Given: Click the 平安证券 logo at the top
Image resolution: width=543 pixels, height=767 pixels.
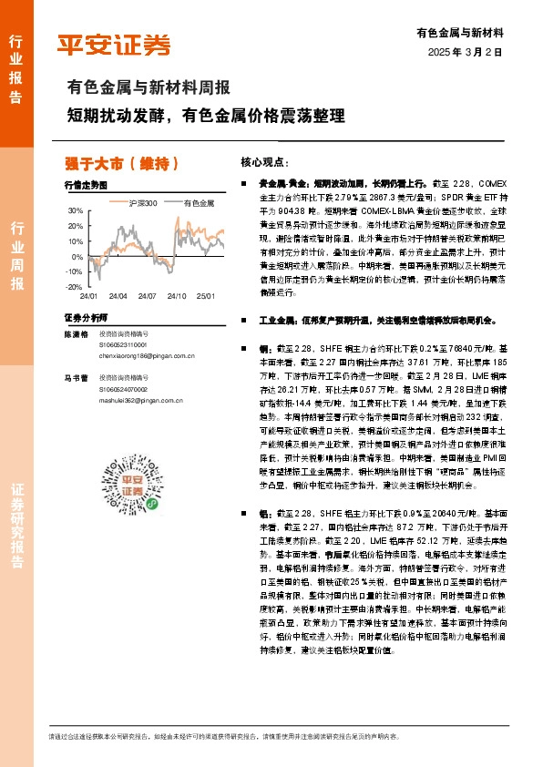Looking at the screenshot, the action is click(x=113, y=45).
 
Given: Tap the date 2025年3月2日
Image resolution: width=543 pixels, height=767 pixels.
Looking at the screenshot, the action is click(x=465, y=52).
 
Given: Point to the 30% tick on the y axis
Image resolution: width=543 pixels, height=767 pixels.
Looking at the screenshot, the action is click(x=75, y=210).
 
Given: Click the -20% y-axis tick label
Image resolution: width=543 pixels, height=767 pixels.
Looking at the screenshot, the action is click(x=73, y=287).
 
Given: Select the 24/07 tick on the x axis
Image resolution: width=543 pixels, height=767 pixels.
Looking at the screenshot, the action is click(x=148, y=297).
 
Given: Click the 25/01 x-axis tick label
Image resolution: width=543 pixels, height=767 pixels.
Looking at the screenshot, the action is click(x=206, y=297).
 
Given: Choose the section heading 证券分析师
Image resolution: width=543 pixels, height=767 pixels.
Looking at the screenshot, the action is click(x=86, y=317).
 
